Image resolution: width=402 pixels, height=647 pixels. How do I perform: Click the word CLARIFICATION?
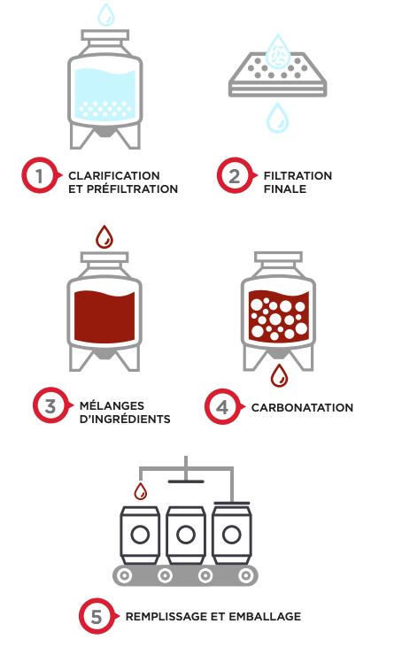[114, 176]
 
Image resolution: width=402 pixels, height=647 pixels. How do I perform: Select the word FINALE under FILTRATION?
[285, 189]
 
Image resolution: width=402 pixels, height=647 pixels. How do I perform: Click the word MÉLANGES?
[112, 405]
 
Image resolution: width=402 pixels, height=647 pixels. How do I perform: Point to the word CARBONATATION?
[302, 408]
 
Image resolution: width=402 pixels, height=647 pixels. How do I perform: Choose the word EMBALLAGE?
[265, 617]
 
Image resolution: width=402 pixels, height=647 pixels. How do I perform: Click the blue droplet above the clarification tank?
[106, 14]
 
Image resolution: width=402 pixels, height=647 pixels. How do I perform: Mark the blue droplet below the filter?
[277, 118]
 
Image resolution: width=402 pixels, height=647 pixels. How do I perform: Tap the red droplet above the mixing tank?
[104, 237]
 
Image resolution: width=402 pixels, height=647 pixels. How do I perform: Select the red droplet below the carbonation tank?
[279, 375]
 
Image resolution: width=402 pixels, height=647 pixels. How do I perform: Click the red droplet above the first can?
[141, 491]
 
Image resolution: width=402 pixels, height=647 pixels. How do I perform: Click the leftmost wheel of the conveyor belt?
[125, 575]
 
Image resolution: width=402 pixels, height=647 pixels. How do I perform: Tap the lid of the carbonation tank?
[279, 257]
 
